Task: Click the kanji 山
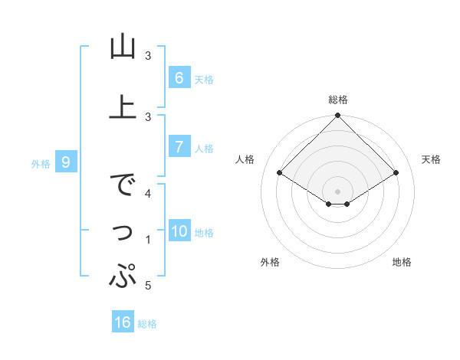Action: [123, 47]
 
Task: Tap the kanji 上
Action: [123, 106]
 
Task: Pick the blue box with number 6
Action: [179, 77]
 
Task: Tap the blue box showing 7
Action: [179, 147]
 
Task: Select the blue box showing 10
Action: [179, 232]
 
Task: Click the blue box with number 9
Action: [67, 162]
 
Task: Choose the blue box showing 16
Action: [123, 322]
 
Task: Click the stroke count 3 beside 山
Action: [148, 56]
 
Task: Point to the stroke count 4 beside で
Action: [148, 193]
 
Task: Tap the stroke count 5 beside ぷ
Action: [148, 286]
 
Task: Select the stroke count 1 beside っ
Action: [148, 240]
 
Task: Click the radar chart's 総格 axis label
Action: [338, 100]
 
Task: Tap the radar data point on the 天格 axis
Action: [396, 173]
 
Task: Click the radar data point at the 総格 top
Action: [338, 116]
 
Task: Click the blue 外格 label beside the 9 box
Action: [40, 163]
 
